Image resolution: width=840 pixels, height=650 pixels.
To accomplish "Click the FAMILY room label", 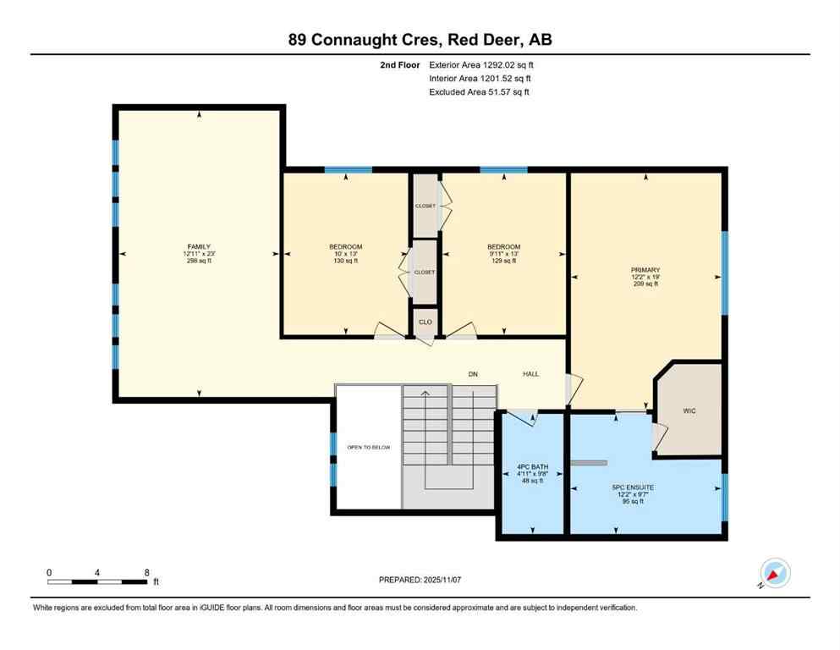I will tap(199, 246).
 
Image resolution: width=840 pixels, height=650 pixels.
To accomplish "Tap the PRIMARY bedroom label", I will tap(645, 269).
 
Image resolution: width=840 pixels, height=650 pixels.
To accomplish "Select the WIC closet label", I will tap(689, 410).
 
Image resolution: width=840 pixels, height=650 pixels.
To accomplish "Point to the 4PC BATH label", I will tap(533, 465).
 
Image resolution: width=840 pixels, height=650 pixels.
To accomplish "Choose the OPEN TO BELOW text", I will tap(368, 448).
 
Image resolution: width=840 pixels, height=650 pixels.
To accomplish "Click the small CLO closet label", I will tap(425, 322).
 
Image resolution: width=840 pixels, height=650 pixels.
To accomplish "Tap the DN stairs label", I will tap(474, 373).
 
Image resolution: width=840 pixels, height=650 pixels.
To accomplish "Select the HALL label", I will tap(530, 373).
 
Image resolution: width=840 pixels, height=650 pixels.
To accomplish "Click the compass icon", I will tap(774, 574).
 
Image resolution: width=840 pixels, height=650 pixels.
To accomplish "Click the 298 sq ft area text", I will tap(199, 262).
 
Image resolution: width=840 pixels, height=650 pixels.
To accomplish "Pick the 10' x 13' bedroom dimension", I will tap(346, 254).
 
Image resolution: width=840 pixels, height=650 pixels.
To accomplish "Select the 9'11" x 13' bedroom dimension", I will tap(503, 254).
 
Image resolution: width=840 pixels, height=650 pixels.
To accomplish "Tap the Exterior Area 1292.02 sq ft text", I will tap(481, 64).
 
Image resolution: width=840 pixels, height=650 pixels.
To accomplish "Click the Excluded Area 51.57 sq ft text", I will tap(480, 92).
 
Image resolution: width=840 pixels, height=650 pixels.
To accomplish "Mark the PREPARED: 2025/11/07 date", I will tap(420, 580).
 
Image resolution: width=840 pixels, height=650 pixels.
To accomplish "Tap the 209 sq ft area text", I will tap(645, 284).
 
